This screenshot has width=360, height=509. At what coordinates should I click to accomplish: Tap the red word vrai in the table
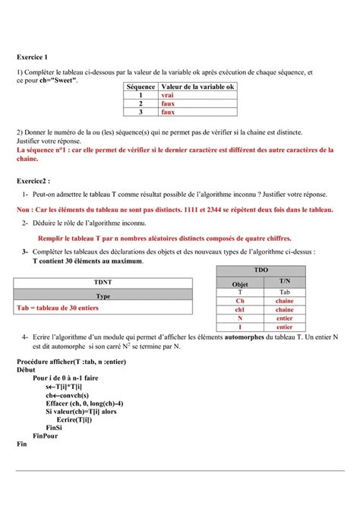click(x=167, y=96)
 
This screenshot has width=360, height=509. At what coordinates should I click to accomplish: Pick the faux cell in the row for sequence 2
click(x=167, y=104)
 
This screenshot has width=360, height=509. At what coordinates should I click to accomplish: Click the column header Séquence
click(x=141, y=87)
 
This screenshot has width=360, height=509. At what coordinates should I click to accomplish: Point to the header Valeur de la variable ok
click(x=197, y=87)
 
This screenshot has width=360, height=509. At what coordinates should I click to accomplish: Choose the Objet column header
click(x=239, y=283)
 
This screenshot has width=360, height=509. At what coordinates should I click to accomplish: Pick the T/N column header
click(x=285, y=281)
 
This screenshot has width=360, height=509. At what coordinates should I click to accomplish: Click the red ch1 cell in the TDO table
click(x=239, y=309)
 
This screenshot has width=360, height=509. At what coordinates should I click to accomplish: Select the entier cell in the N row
click(x=285, y=318)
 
